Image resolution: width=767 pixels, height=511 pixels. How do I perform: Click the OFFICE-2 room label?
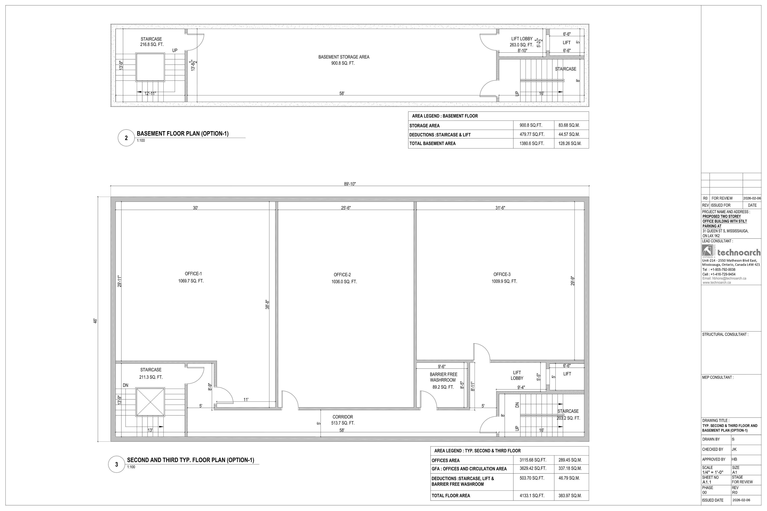click(x=342, y=275)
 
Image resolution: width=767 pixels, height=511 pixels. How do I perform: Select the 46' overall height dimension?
click(x=95, y=321)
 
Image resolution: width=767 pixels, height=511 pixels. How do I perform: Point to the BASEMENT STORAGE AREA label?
click(x=344, y=57)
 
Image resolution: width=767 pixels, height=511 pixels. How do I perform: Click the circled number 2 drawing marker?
click(x=126, y=138)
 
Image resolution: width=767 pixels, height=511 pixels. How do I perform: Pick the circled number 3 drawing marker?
click(x=117, y=464)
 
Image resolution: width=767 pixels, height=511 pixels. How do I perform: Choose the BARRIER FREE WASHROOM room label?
click(x=443, y=377)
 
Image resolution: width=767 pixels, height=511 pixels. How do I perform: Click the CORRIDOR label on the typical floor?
click(x=343, y=417)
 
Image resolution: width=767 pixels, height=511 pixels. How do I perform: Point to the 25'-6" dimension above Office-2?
click(x=346, y=208)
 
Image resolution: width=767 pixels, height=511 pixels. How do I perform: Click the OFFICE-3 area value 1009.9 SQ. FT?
click(x=504, y=281)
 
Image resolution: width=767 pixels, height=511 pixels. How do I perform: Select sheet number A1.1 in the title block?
click(x=707, y=482)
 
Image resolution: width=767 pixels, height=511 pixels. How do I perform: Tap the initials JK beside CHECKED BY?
click(x=734, y=449)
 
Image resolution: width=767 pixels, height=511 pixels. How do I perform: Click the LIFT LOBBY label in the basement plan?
click(x=522, y=39)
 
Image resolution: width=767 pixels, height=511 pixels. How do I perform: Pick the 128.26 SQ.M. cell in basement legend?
click(x=570, y=143)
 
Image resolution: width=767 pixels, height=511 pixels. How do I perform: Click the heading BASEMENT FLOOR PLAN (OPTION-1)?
click(x=183, y=134)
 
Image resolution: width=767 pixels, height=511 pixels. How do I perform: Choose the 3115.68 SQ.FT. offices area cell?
click(x=533, y=460)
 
